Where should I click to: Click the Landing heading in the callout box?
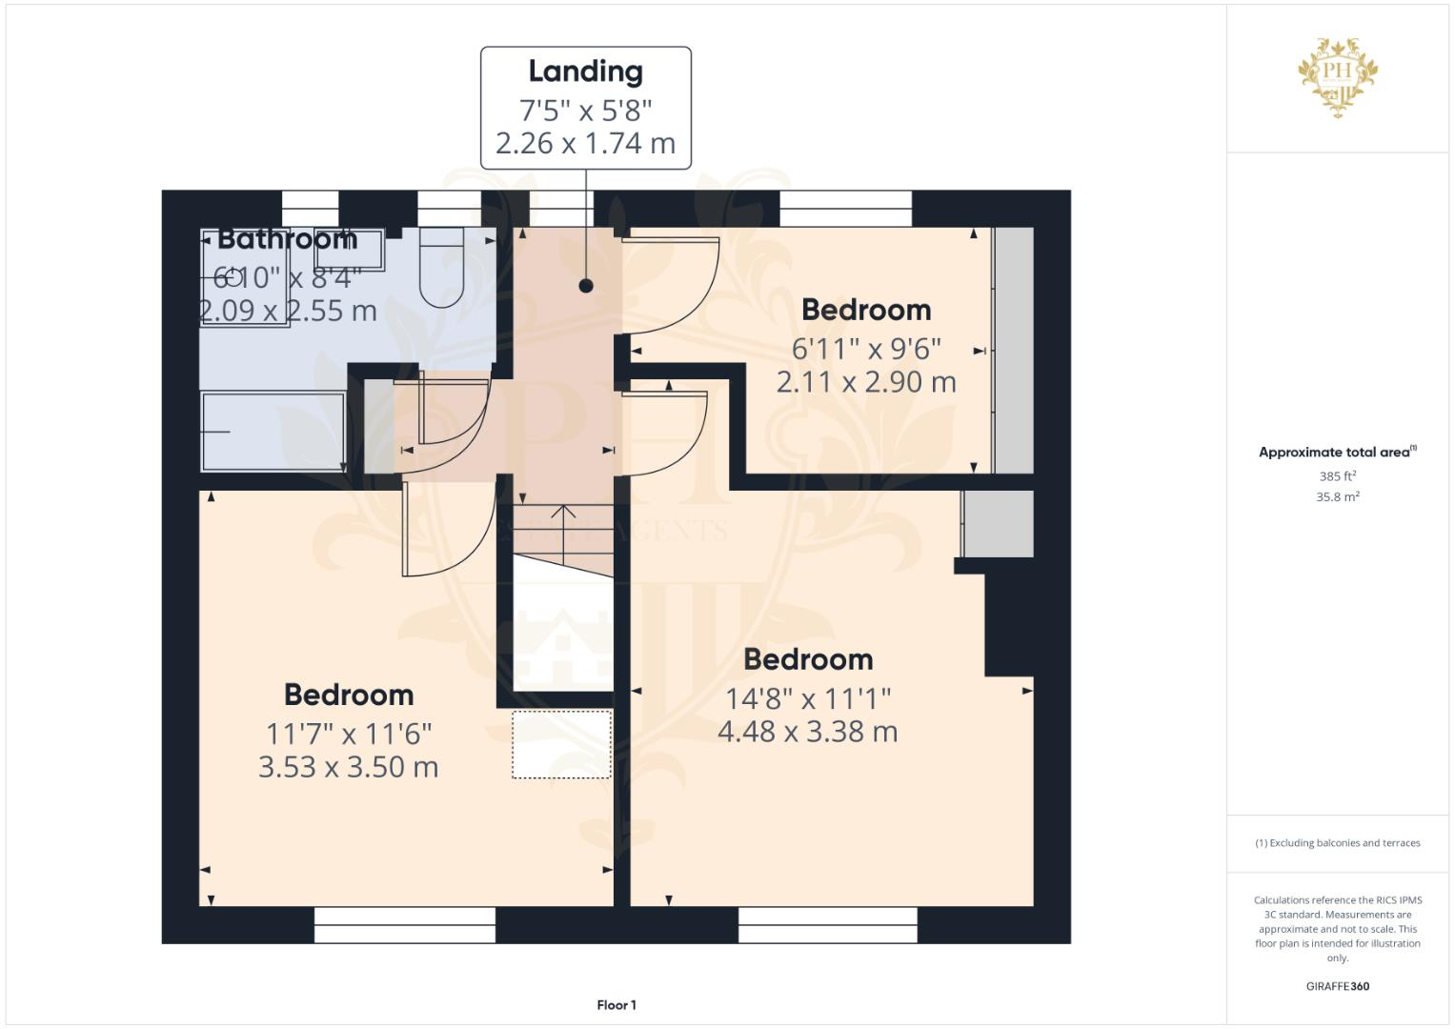[585, 71]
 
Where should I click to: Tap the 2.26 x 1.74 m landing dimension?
[585, 144]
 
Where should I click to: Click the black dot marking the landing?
[586, 286]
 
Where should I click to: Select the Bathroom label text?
[287, 238]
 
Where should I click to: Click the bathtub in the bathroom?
[273, 432]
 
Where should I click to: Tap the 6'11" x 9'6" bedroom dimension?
[865, 349]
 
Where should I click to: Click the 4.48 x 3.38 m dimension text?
[807, 732]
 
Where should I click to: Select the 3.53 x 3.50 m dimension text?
[348, 767]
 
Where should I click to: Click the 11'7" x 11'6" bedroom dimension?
[348, 734]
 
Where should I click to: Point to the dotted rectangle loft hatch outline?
[561, 744]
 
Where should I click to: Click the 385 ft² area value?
[1337, 475]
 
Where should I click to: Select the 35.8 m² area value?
[1337, 496]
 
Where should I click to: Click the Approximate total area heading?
[1336, 453]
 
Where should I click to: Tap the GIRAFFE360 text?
[1337, 986]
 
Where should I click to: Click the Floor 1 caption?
[616, 1005]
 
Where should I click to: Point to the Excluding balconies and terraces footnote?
[1338, 843]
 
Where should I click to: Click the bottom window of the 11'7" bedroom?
[405, 924]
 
